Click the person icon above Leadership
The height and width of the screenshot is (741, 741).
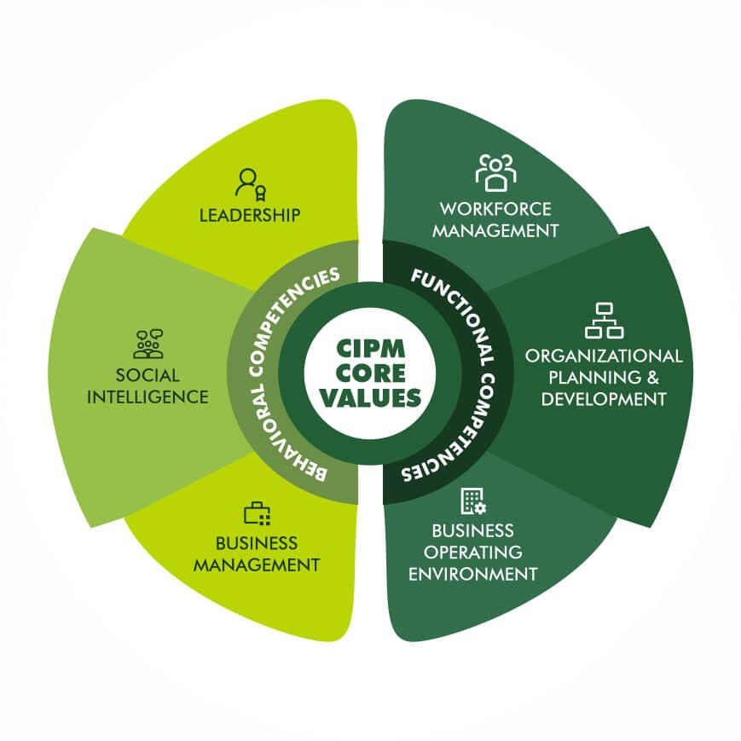[x=250, y=182]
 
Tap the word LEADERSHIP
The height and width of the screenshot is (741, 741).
[x=250, y=214]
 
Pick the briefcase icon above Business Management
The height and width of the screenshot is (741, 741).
[x=257, y=513]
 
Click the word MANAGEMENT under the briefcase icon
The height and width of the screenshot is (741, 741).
[x=257, y=564]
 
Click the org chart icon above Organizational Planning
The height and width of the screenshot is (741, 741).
[x=604, y=320]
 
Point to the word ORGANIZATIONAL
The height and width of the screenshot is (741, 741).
[x=604, y=356]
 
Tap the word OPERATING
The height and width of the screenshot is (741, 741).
[x=473, y=552]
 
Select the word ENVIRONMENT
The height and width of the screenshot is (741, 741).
[x=473, y=573]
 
